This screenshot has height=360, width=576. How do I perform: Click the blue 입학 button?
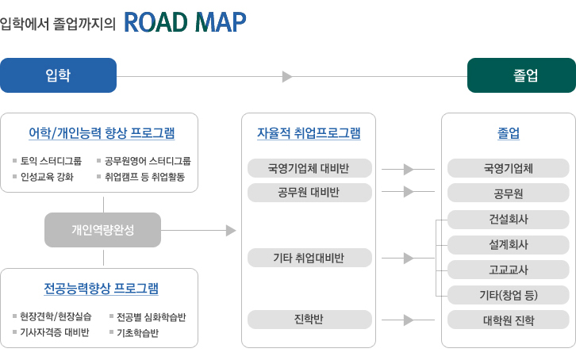coord(58,75)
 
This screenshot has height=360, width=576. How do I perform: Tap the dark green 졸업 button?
coord(521,75)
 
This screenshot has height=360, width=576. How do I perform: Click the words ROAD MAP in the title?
coord(185,22)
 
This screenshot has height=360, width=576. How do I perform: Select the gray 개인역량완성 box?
coord(102,230)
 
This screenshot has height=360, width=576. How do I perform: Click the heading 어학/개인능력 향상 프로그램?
coord(102,133)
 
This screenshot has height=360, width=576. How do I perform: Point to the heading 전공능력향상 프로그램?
coord(101,289)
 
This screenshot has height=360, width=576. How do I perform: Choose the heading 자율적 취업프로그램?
coord(309,133)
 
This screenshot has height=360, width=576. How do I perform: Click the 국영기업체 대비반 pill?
coord(309,168)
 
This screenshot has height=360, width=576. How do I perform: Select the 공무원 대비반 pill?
coord(309,193)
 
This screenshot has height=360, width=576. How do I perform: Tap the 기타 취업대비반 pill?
coord(309,258)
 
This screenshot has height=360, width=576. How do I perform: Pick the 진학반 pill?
coord(309,320)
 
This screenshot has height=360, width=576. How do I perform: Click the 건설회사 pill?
coord(508,220)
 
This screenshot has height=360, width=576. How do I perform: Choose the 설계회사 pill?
coord(508,245)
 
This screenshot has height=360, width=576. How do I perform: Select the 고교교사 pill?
coord(508,270)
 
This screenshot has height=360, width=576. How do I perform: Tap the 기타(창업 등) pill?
coord(508,295)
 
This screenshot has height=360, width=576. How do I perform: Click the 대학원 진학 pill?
coord(508,320)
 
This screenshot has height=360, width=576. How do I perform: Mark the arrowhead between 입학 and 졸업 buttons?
coord(287,77)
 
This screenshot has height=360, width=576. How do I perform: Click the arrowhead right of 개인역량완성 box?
coord(231,231)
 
